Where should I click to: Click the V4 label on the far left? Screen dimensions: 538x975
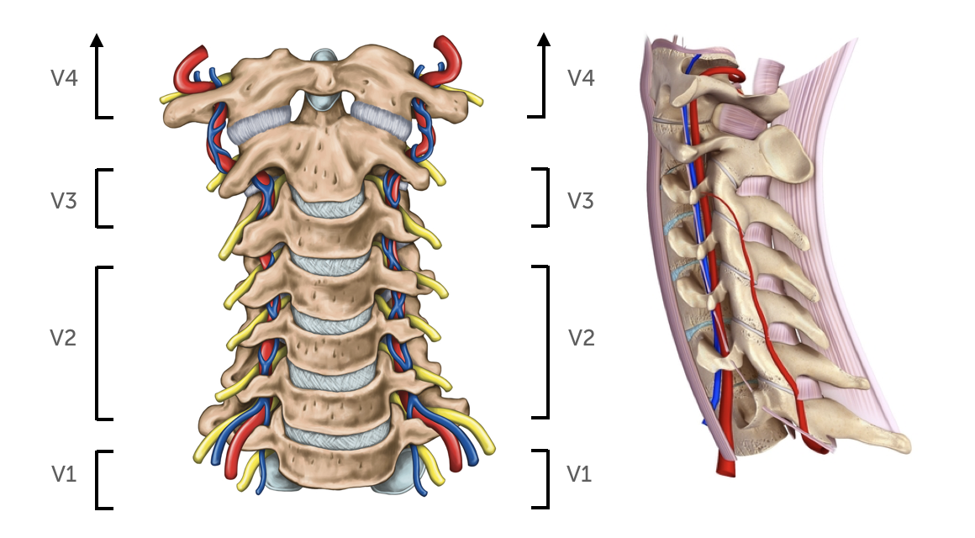point(64,78)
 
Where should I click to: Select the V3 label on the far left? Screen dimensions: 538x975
point(64,200)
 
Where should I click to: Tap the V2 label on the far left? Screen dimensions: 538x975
point(64,338)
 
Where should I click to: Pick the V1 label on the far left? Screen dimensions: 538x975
point(64,474)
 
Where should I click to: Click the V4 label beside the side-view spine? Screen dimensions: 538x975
point(581,78)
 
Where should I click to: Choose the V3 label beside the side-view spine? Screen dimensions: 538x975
point(581,200)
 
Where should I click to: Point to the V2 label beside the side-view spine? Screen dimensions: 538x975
point(581,338)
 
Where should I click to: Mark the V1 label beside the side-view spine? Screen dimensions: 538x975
point(581,474)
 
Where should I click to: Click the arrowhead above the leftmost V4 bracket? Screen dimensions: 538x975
point(97,39)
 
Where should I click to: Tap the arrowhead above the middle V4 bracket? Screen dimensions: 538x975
point(544,39)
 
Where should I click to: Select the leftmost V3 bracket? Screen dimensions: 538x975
point(99,198)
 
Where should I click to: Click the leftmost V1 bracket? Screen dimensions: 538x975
point(99,479)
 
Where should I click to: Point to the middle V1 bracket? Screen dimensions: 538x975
point(545,479)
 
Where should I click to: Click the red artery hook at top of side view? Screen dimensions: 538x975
point(738,76)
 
